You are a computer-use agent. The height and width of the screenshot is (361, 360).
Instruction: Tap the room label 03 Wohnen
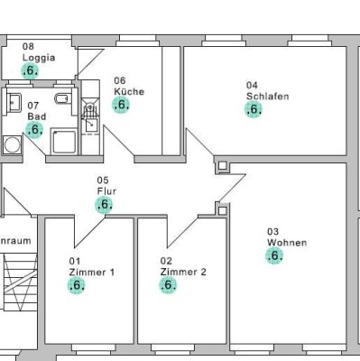point(286,236)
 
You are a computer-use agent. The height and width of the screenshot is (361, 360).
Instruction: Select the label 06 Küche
point(128,86)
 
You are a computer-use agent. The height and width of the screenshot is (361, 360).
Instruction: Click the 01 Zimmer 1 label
point(91,267)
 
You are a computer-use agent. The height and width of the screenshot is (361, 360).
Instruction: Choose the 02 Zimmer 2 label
point(183,267)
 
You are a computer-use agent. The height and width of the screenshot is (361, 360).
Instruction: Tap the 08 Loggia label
point(38,51)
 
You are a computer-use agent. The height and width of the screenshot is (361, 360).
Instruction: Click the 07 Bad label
point(36,112)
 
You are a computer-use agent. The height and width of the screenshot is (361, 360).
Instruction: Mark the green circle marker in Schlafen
point(254,109)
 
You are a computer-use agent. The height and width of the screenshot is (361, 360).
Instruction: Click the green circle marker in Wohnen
point(274,255)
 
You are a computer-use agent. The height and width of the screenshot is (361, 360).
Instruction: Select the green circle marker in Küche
point(121,105)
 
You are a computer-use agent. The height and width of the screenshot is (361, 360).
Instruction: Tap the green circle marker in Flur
point(105,205)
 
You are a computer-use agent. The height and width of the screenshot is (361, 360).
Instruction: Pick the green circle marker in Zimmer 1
point(77,285)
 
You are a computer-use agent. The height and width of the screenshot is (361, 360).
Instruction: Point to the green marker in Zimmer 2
point(168,285)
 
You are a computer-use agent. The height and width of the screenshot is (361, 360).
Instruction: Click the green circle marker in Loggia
point(30,71)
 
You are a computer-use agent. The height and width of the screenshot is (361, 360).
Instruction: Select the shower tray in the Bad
point(65,142)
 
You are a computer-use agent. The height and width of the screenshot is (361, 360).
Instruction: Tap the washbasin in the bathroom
point(13,101)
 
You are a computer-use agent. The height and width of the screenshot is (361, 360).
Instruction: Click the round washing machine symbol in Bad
point(10,143)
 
